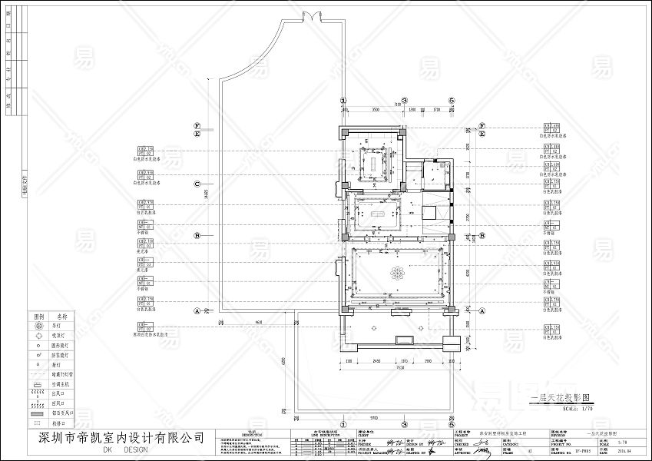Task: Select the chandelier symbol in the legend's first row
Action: click(39, 325)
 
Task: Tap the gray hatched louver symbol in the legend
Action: click(39, 413)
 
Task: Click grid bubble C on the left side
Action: click(197, 184)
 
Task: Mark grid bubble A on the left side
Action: click(197, 311)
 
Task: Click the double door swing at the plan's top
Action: click(315, 16)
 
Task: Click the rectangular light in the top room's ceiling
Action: click(376, 163)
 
